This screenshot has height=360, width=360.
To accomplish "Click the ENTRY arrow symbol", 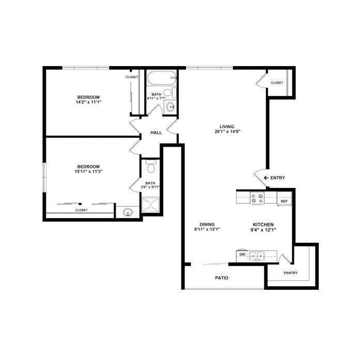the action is point(266,178).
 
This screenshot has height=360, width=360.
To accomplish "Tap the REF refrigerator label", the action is point(284,201).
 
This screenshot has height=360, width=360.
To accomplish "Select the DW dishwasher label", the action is point(242,255).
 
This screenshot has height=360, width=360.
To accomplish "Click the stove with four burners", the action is point(257,198).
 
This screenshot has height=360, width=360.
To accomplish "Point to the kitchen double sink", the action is point(257,256).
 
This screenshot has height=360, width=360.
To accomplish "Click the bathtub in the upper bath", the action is point(162,78).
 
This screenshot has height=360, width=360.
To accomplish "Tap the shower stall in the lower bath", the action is point(150,205).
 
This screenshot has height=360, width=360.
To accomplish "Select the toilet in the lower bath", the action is point(151,166).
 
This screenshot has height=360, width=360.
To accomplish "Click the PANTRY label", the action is point(291,273).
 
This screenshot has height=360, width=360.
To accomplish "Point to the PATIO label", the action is point(222,278).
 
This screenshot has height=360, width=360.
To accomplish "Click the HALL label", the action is point(156,133).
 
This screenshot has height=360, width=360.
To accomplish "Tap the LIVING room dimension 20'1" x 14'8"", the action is point(227,132).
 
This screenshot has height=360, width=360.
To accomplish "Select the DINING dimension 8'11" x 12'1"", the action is point(207,229).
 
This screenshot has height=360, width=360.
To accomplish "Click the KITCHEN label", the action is point(263,225).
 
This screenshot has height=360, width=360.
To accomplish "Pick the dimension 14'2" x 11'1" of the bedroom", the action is point(88,102).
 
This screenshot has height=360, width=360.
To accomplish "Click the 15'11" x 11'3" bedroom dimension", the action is point(88,171).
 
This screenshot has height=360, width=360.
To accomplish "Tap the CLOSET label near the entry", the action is point(277,83).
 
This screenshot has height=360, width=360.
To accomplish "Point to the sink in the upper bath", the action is point(170,107).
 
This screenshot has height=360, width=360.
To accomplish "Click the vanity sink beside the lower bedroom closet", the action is point(128,212).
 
